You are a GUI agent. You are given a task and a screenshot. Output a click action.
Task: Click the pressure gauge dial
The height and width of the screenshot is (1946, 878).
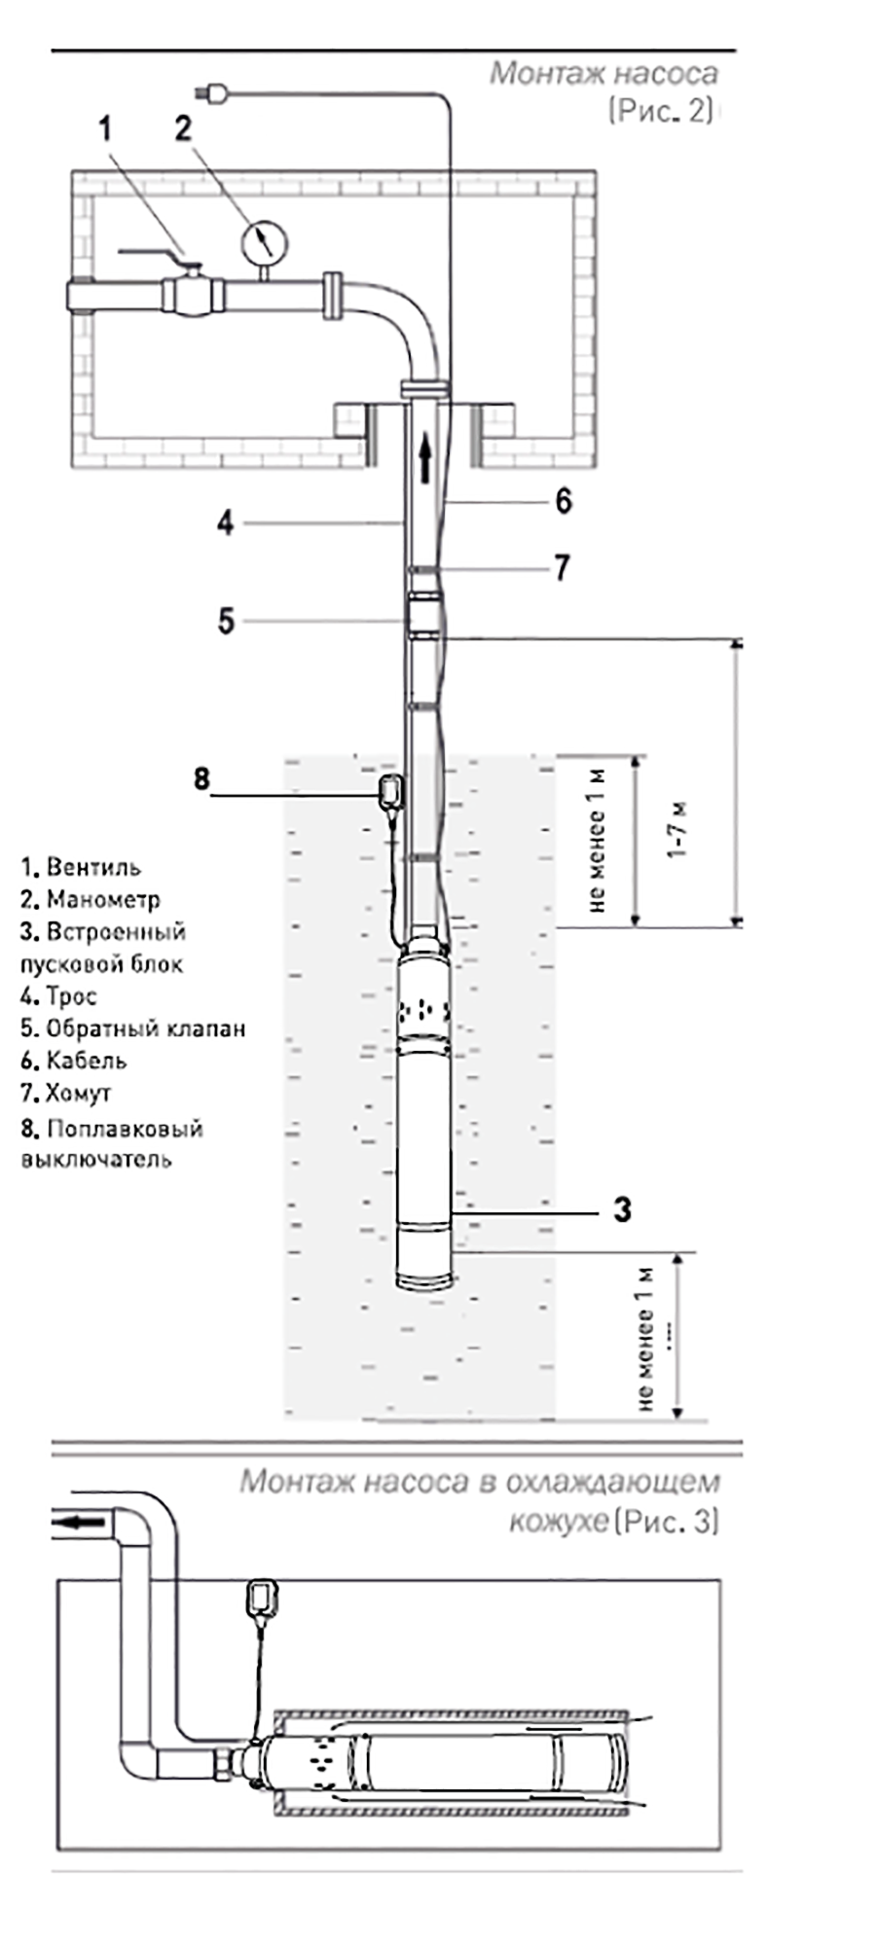point(264,240)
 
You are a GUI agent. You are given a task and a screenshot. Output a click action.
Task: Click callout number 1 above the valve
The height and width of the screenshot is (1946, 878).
point(105,128)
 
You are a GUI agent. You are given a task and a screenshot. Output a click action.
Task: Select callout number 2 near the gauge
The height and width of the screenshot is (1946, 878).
point(183,128)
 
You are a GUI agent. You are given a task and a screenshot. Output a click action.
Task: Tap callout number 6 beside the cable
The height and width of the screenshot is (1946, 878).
point(563,501)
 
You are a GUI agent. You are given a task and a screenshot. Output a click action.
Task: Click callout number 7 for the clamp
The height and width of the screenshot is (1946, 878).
point(562,567)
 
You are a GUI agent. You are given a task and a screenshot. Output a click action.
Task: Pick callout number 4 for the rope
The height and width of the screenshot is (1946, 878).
point(225,523)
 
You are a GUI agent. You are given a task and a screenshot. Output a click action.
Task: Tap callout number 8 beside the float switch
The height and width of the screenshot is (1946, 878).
point(201,778)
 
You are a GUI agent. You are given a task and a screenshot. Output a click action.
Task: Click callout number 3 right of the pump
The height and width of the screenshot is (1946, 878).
point(622,1210)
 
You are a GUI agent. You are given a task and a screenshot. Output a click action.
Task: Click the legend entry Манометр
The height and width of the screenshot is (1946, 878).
point(91,899)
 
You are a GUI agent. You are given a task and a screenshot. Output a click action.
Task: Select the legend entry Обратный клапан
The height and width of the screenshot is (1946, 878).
point(133,1028)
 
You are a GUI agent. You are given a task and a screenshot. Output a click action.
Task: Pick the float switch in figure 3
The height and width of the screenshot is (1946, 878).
point(264,1599)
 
